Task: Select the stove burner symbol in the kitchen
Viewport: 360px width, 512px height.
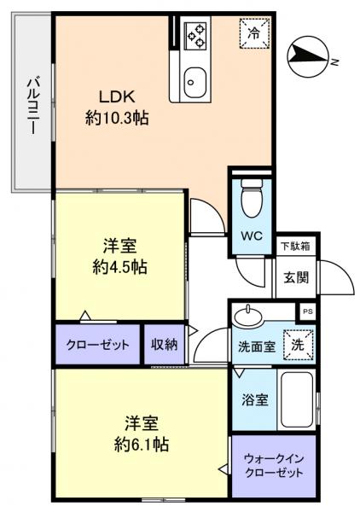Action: (195, 36)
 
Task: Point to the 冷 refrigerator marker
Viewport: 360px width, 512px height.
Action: (253, 34)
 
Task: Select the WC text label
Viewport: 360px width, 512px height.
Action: (251, 236)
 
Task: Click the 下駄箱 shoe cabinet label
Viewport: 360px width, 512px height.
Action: (296, 246)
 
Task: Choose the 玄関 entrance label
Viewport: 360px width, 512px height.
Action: (296, 276)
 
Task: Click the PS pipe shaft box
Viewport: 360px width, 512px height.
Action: (308, 312)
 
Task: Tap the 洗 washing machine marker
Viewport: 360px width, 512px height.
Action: (298, 345)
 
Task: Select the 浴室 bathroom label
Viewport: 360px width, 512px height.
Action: (253, 399)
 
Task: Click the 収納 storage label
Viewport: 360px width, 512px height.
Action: (165, 345)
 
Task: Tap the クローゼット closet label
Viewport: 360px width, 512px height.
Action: (98, 345)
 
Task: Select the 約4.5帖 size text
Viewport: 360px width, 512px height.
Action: (119, 267)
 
